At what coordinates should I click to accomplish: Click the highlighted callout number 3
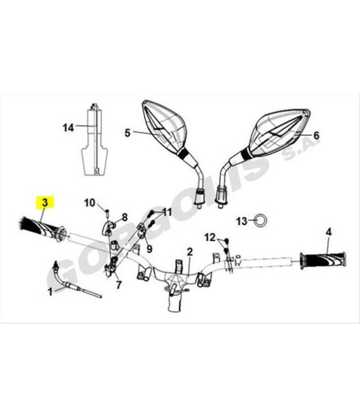tap(45, 203)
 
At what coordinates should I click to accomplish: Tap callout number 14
tap(68, 128)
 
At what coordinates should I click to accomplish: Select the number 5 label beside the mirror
tap(128, 133)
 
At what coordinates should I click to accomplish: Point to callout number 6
tap(316, 135)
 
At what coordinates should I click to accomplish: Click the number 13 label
tap(242, 221)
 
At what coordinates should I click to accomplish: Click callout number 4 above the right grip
tap(329, 232)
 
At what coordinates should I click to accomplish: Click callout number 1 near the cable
tap(51, 292)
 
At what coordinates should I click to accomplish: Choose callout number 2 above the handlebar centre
tap(189, 251)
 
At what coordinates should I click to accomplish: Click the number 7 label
tap(119, 285)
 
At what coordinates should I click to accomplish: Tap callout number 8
tap(124, 217)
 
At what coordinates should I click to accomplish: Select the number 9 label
tap(150, 249)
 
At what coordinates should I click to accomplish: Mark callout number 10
tap(90, 203)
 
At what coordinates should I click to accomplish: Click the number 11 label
tap(167, 212)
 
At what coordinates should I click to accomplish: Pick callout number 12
tap(210, 237)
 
